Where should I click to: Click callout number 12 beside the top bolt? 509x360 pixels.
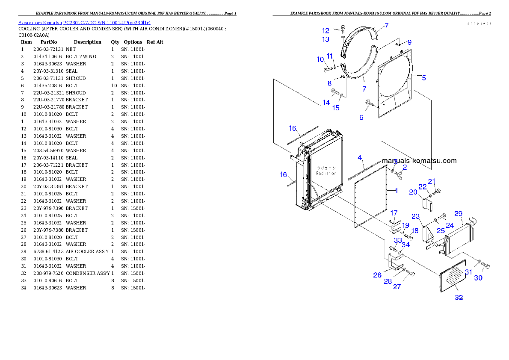pyautogui.click(x=326, y=31)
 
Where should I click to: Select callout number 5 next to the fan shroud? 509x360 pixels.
pyautogui.click(x=423, y=78)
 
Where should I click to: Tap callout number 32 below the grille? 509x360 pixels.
pyautogui.click(x=459, y=298)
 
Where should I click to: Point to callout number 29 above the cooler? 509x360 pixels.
pyautogui.click(x=458, y=213)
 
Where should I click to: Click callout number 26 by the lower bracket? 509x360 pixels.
pyautogui.click(x=377, y=275)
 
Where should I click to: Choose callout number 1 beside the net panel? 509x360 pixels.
pyautogui.click(x=396, y=191)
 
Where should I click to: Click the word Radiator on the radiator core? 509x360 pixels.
pyautogui.click(x=326, y=174)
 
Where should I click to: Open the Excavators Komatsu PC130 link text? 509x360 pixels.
pyautogui.click(x=84, y=22)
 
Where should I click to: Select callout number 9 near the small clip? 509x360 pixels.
pyautogui.click(x=409, y=42)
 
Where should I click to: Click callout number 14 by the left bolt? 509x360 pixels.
pyautogui.click(x=326, y=103)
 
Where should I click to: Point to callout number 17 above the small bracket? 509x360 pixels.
pyautogui.click(x=394, y=213)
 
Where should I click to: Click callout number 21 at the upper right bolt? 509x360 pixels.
pyautogui.click(x=432, y=181)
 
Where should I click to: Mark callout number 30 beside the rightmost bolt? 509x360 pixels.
pyautogui.click(x=478, y=278)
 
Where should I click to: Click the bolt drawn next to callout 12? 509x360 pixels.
pyautogui.click(x=343, y=30)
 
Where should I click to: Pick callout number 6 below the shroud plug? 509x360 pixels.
pyautogui.click(x=361, y=117)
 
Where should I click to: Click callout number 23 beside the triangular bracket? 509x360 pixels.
pyautogui.click(x=415, y=216)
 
